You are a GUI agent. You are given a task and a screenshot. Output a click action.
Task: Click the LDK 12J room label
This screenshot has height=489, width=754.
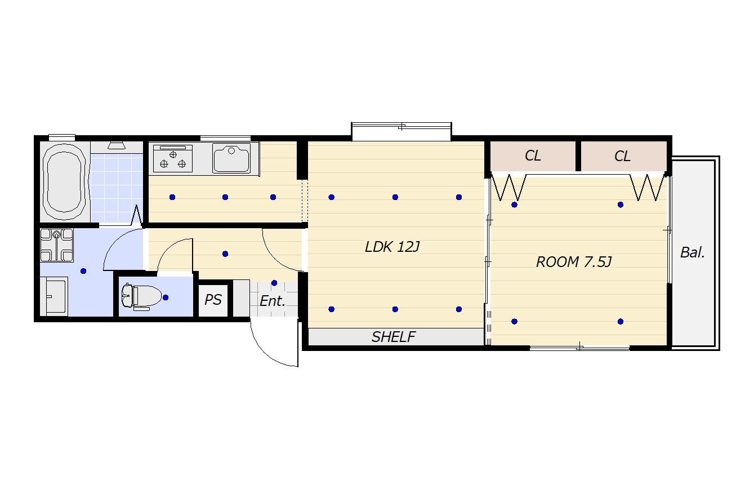pos(392,247)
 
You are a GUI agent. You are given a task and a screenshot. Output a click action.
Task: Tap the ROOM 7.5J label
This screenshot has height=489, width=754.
pos(574,261)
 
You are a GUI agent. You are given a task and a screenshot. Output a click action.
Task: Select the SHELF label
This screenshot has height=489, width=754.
pos(394,337)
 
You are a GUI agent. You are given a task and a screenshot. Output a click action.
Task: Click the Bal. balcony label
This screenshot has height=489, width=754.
pos(693,252)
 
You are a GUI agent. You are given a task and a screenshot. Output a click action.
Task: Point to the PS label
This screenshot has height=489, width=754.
pos(213,299)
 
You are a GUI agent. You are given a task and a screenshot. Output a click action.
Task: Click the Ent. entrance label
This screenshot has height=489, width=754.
pos(273,301)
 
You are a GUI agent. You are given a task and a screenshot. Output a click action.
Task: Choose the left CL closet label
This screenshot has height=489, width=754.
pos(533,155)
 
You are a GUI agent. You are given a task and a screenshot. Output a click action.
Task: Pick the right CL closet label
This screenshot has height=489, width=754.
pos(622,156)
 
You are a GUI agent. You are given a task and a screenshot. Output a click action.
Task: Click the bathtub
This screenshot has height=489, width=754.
pos(64,182)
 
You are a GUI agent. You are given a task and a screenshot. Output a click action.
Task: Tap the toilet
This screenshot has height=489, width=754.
pos(141,297)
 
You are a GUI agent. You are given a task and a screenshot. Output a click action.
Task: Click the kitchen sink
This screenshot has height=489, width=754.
pos(231,158)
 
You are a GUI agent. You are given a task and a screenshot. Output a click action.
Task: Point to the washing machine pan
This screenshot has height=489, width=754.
pos(56,245)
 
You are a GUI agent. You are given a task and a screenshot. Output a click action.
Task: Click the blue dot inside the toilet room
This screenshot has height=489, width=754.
pos(166,297)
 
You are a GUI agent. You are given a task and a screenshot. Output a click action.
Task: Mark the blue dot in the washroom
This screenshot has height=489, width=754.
pos(83,271)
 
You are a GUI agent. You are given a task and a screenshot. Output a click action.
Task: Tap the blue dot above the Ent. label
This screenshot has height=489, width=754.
pos(274,283)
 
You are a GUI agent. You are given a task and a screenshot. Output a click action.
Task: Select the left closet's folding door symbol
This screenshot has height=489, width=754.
pos(508,187)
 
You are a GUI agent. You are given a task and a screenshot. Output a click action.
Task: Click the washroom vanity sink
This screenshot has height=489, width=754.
pos(54,297)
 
